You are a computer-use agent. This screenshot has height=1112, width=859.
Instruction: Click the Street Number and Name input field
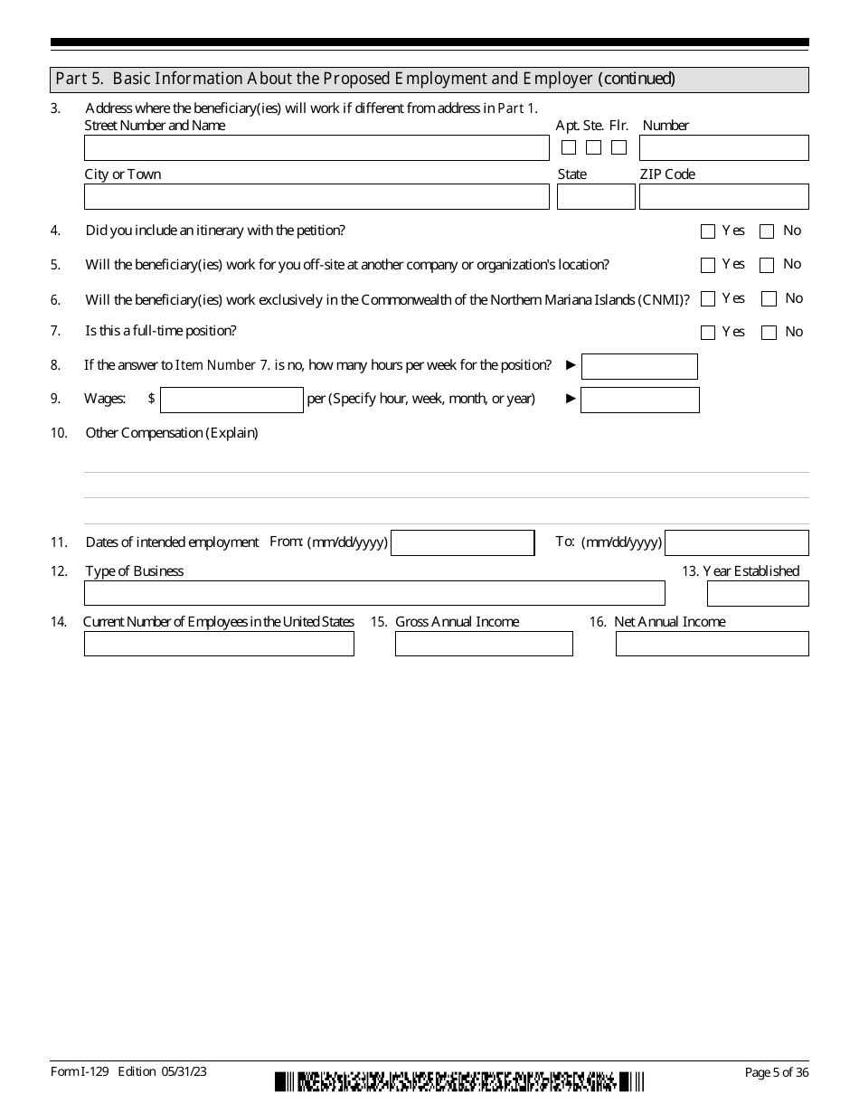point(316,148)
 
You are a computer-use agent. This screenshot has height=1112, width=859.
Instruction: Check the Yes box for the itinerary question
point(708,231)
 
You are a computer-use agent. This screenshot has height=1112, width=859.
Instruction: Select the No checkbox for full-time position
point(769,333)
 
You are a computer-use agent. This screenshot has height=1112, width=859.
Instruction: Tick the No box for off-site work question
point(767,266)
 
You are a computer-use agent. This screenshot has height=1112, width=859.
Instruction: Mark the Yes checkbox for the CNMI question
point(708,299)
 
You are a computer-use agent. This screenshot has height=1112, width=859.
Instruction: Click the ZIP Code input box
point(723,197)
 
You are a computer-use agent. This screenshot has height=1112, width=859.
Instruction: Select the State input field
point(596,197)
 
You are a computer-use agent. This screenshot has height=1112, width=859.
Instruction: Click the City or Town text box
point(316,197)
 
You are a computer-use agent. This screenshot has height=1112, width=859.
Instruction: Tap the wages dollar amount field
point(231,400)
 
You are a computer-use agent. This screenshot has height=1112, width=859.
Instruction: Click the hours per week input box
point(639,366)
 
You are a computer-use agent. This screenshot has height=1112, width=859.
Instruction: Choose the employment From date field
point(463,542)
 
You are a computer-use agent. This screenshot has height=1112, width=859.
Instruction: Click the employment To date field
point(736,542)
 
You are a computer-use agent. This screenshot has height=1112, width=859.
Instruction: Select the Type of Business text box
point(374,593)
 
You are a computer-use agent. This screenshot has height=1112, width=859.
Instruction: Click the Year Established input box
point(758,594)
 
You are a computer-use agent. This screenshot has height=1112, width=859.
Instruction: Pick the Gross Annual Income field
point(484,644)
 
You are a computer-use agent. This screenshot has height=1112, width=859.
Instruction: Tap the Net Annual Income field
point(712,644)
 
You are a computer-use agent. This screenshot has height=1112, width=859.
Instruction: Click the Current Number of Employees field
point(219,644)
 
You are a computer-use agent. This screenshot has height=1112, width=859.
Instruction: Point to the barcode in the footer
point(459,1081)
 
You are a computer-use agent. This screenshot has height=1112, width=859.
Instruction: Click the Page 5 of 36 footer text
point(776,1072)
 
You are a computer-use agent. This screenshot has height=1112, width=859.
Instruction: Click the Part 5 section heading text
point(365,80)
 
